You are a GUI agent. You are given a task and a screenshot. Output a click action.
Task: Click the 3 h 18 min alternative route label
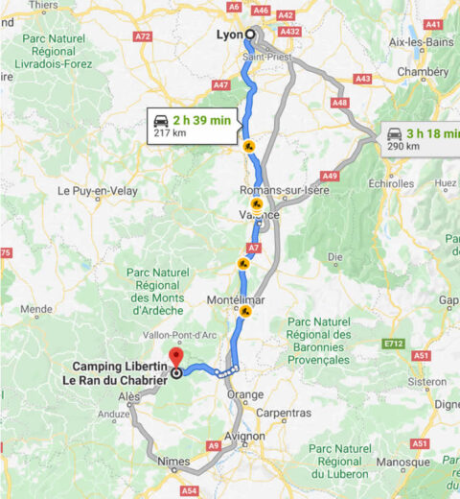coord(427,132)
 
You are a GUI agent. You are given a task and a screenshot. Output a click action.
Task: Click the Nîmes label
coord(173,462)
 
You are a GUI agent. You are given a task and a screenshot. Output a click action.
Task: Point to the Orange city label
coord(245,395)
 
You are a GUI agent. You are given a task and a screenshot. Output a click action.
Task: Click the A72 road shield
coord(143,36)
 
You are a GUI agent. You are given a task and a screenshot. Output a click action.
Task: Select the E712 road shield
coord(391,343)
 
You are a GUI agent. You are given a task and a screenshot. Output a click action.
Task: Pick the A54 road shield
coord(189,490)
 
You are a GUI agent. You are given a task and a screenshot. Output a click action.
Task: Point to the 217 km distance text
coord(169,133)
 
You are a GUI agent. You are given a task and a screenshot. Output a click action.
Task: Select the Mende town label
coord(35,309)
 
